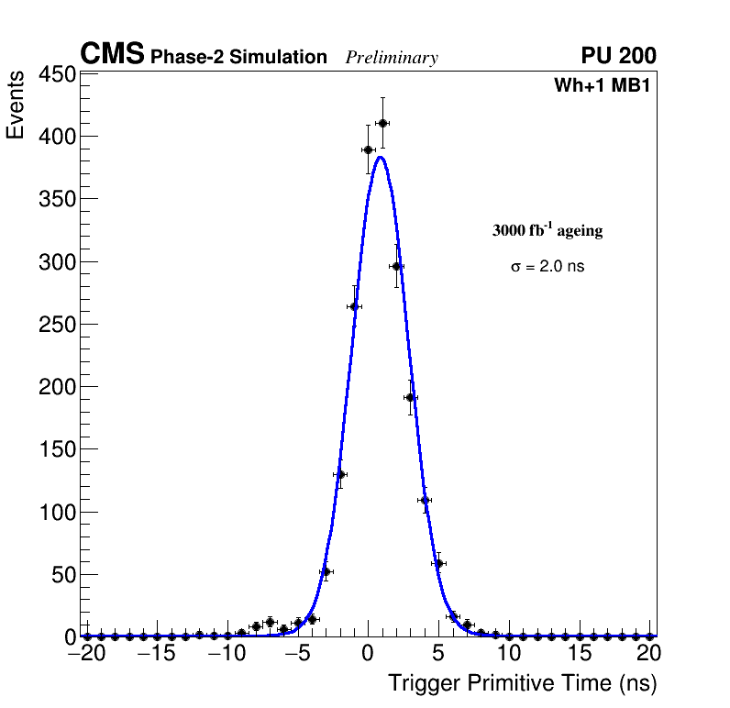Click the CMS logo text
point(112,55)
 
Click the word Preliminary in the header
point(392,58)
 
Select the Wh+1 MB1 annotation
point(602,86)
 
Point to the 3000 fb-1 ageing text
point(547,230)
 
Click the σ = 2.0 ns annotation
point(547,267)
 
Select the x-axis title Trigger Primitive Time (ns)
point(522,683)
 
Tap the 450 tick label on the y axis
point(57,74)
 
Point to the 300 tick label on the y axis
point(57,262)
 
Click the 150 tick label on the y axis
point(57,449)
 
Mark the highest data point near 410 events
point(382,123)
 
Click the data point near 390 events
point(368,149)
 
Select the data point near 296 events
point(396,266)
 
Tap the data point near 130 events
point(340,474)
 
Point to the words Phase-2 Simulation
point(238,58)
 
